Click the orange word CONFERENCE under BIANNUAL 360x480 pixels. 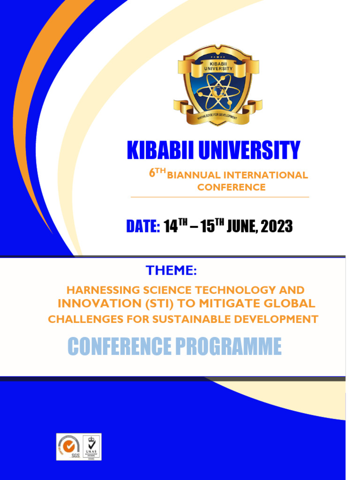(231, 187)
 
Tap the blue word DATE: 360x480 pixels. (143, 226)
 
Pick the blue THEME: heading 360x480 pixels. (171, 270)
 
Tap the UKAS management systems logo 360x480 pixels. (91, 447)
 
